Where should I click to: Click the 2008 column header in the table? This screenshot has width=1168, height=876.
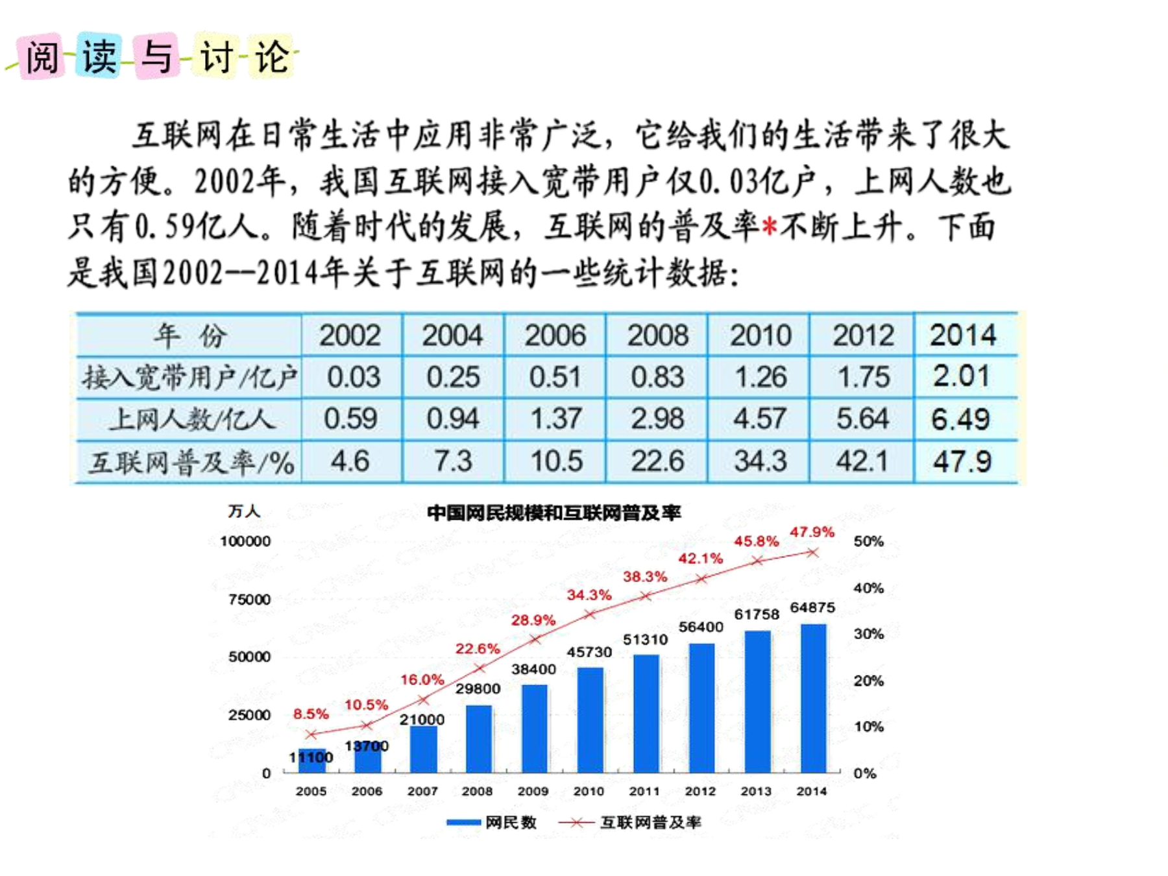[657, 335]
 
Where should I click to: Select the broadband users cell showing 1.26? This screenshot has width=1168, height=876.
[760, 377]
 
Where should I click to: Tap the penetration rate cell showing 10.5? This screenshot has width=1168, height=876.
[556, 461]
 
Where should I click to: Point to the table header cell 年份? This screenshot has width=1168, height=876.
[189, 335]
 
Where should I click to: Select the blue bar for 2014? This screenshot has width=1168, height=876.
[813, 698]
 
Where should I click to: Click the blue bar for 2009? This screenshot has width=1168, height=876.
[534, 729]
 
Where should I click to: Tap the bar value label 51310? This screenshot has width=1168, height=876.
[645, 640]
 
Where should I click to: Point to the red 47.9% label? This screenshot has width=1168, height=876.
[812, 532]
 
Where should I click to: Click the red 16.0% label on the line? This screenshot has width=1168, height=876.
[422, 679]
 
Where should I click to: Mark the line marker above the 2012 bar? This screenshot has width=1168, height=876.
[701, 578]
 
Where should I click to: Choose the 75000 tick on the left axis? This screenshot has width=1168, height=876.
[249, 599]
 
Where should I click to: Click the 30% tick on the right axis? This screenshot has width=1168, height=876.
[868, 634]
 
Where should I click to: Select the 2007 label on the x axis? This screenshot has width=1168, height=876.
[422, 791]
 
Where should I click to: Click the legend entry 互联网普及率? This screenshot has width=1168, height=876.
[630, 822]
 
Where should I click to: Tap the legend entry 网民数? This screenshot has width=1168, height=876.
[491, 822]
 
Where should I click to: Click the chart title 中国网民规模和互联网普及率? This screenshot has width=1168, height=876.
[554, 513]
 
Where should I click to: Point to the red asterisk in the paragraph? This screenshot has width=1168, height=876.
[770, 227]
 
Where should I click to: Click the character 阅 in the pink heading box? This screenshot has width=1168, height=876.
[42, 57]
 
